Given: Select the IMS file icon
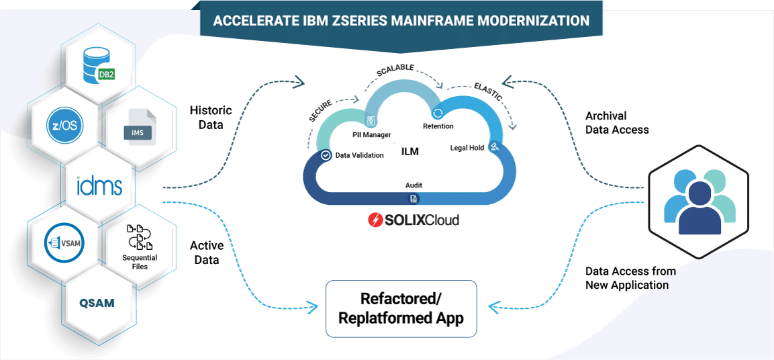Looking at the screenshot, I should pyautogui.click(x=137, y=128).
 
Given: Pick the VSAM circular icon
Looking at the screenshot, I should pyautogui.click(x=64, y=243).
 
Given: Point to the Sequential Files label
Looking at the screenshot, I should pyautogui.click(x=140, y=262).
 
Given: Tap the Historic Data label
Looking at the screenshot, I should pyautogui.click(x=210, y=117).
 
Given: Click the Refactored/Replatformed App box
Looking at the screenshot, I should pyautogui.click(x=401, y=308).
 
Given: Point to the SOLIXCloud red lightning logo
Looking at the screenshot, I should pyautogui.click(x=375, y=220).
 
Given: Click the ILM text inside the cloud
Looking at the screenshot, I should pyautogui.click(x=409, y=152).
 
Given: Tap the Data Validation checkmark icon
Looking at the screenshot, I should pyautogui.click(x=326, y=154).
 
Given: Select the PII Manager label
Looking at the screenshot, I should pyautogui.click(x=371, y=135).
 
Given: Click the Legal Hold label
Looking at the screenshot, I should pyautogui.click(x=467, y=148).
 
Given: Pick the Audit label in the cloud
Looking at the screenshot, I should pyautogui.click(x=414, y=185).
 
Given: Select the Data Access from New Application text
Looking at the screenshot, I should pyautogui.click(x=630, y=278).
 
